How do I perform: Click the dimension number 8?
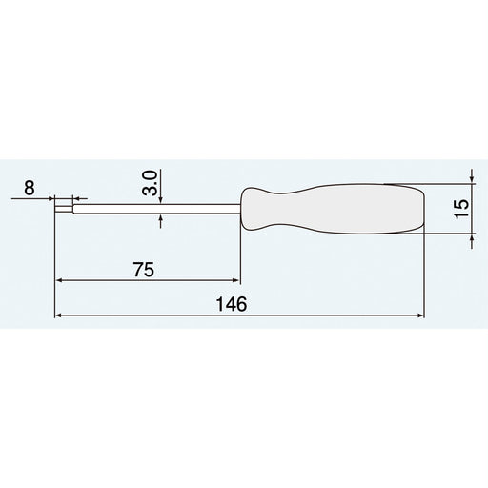(x=29, y=189)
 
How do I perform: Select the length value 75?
(x=143, y=270)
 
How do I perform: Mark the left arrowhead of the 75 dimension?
(x=62, y=281)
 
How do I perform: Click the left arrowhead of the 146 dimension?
(x=62, y=315)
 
